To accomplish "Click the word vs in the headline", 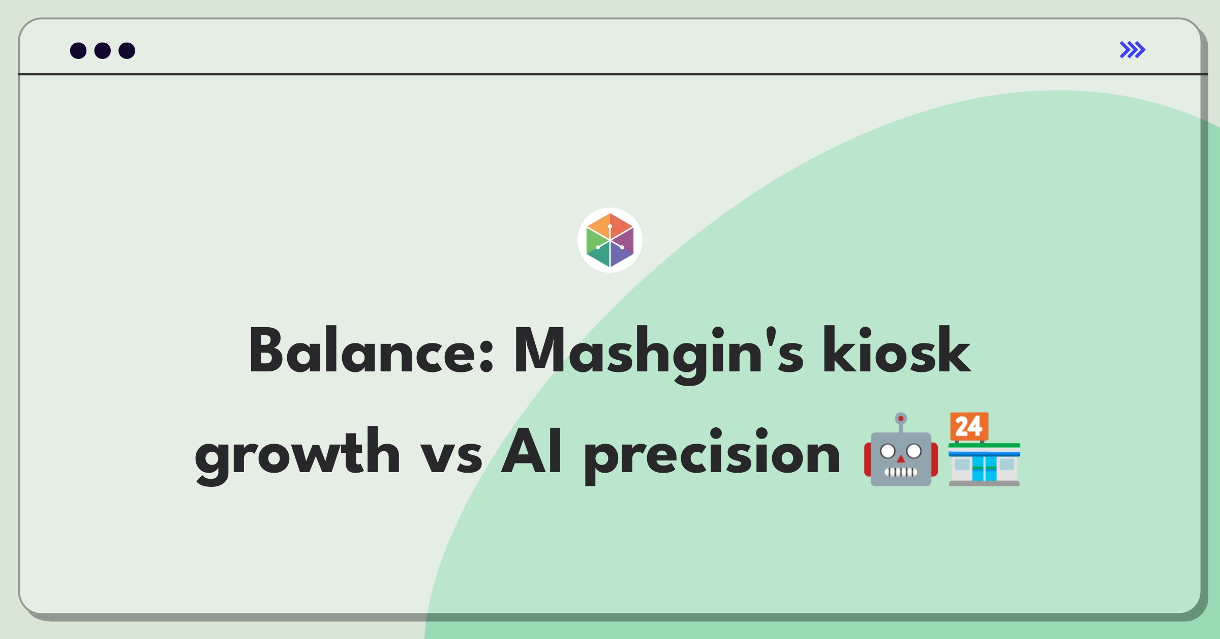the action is tap(451, 456).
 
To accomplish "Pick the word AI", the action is tap(532, 451).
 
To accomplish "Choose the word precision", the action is tap(712, 455).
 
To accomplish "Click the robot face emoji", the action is tap(901, 449).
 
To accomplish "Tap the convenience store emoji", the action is tap(984, 449).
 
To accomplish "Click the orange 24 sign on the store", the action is tap(969, 426).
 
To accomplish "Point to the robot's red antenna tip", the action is tap(901, 419).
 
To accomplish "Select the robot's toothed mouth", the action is tap(901, 472).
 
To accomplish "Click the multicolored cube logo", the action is tap(610, 240).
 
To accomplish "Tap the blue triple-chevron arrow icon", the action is tap(1132, 50).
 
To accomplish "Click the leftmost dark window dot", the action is tap(78, 50).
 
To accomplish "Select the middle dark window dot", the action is tap(103, 50).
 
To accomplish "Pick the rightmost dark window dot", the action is tap(127, 50).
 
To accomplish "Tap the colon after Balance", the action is tap(486, 357).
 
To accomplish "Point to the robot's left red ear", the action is tap(868, 459).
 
